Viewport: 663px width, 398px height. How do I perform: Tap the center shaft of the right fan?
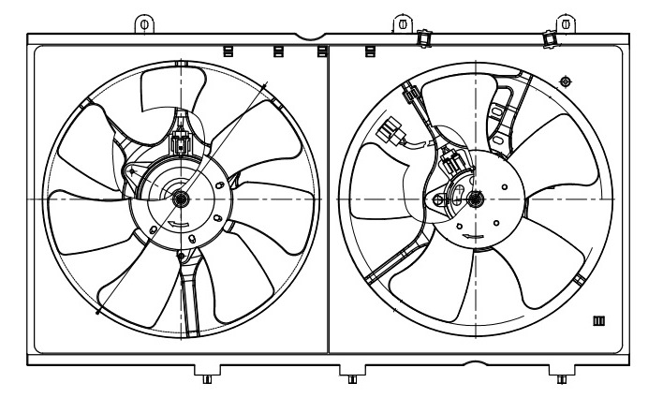pos(474,198)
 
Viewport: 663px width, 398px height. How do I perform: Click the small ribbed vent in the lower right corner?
pos(599,322)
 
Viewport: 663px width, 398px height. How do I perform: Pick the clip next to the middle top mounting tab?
pos(423,37)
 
